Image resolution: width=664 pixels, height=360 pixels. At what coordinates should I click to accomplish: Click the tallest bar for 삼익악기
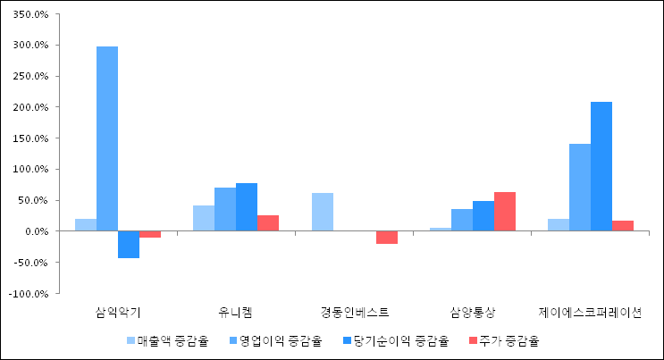click(x=107, y=138)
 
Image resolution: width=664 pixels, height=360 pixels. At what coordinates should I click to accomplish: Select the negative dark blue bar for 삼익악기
click(x=129, y=245)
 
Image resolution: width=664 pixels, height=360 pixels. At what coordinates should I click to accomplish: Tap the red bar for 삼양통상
click(x=505, y=212)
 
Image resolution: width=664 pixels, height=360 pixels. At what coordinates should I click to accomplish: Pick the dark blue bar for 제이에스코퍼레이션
click(x=601, y=166)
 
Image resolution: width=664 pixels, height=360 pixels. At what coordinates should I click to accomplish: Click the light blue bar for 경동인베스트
click(x=323, y=212)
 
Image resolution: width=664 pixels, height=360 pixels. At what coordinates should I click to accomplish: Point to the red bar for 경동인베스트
click(x=387, y=238)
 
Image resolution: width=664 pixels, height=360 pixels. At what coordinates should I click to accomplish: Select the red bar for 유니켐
click(x=268, y=223)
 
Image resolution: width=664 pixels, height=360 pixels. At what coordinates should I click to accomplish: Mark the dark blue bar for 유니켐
click(x=247, y=207)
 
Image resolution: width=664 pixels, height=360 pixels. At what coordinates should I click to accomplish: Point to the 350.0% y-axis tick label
click(x=32, y=14)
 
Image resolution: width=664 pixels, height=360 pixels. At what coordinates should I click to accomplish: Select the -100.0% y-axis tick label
click(x=30, y=293)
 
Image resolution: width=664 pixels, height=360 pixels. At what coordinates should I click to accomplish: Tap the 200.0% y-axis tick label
click(x=32, y=107)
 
